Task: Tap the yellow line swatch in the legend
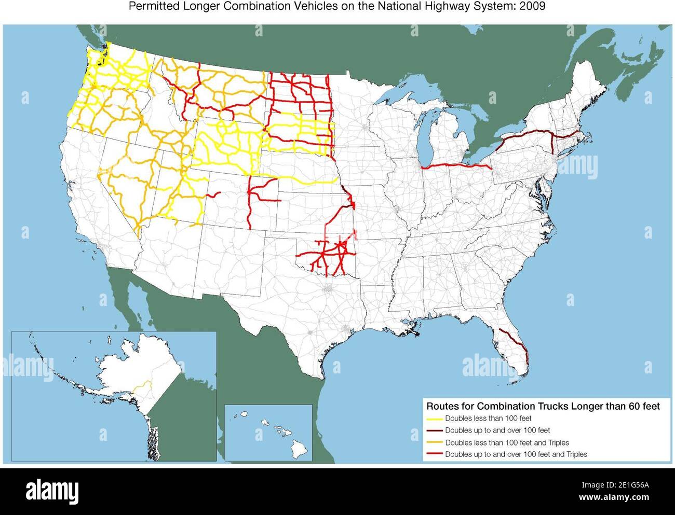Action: pyautogui.click(x=434, y=418)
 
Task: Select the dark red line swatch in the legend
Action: pyautogui.click(x=434, y=430)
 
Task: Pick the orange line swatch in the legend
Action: pyautogui.click(x=434, y=443)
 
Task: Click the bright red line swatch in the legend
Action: pyautogui.click(x=434, y=455)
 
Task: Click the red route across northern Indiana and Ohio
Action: pyautogui.click(x=457, y=166)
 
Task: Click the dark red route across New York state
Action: pyautogui.click(x=524, y=136)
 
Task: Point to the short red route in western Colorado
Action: pyautogui.click(x=213, y=195)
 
